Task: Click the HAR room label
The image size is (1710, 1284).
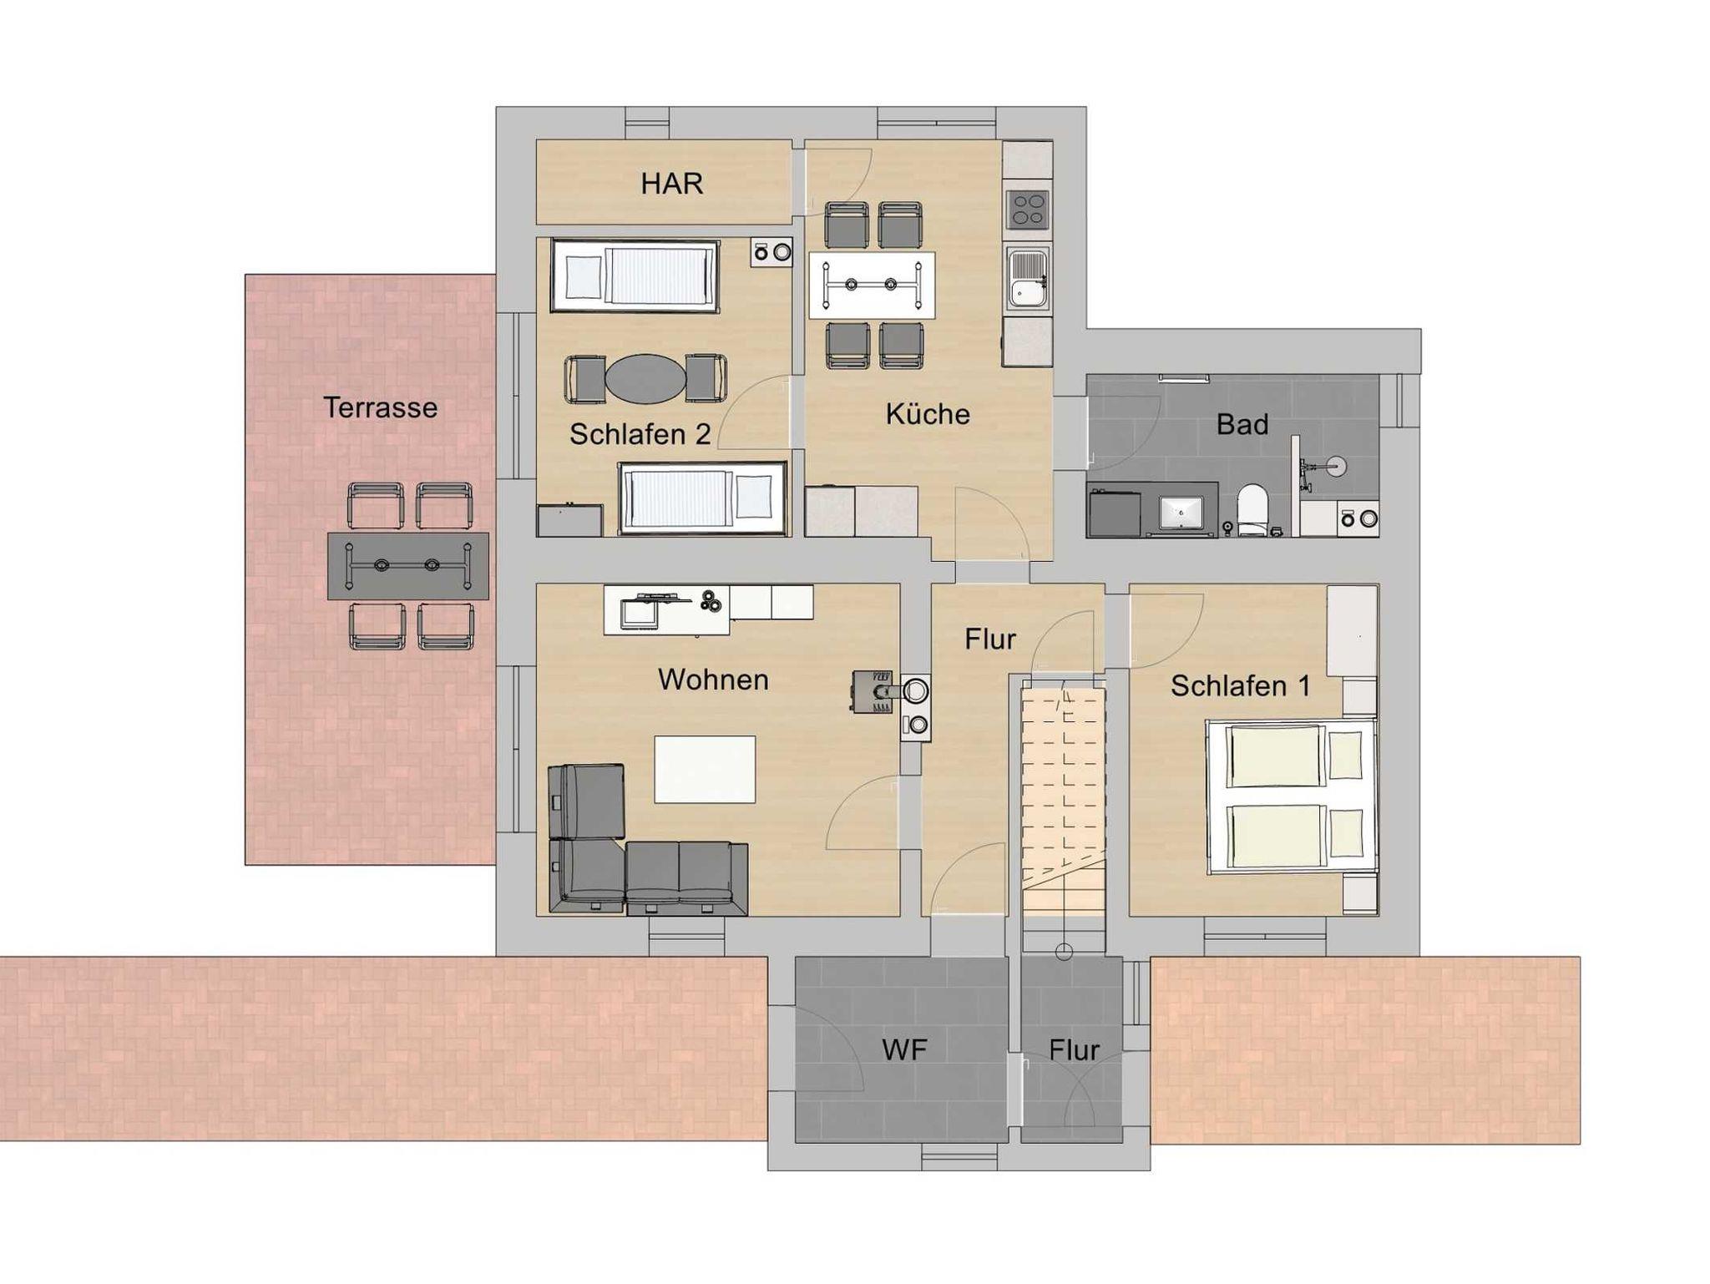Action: [671, 183]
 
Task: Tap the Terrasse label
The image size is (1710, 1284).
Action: [380, 407]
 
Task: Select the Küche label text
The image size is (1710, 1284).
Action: [927, 413]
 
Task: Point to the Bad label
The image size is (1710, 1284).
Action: [1242, 424]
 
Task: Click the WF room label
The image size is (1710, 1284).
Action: [904, 1049]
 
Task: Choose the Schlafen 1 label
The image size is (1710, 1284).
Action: [1240, 685]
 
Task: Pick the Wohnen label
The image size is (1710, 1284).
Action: [713, 679]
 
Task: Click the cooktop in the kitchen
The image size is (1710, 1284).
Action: [1028, 210]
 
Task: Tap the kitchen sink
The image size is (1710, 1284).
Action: [1028, 279]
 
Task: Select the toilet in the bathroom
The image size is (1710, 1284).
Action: [1252, 509]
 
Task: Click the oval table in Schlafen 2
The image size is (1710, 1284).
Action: [645, 378]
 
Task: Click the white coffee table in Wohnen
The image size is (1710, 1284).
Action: [705, 769]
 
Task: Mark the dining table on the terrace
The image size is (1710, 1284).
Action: [408, 566]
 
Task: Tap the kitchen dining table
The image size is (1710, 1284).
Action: [872, 286]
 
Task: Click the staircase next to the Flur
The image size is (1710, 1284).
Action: [1064, 801]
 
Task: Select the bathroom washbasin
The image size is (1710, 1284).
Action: [1181, 511]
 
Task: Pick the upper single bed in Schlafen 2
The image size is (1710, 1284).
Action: [635, 276]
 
